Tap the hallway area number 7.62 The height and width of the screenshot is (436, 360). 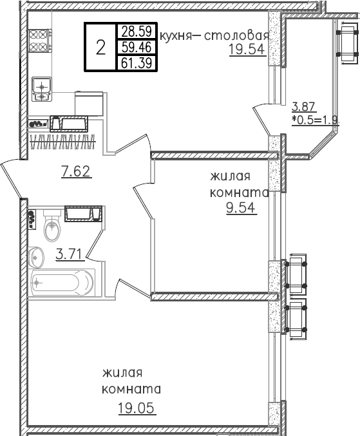[x=76, y=171]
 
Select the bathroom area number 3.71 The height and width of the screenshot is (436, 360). [x=68, y=254]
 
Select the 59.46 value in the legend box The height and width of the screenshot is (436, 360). [x=135, y=47]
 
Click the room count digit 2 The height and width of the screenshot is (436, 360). [x=100, y=47]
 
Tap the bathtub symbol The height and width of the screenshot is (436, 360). [x=62, y=281]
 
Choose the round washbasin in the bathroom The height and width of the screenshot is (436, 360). [x=35, y=256]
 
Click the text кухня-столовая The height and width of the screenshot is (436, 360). [x=213, y=35]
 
